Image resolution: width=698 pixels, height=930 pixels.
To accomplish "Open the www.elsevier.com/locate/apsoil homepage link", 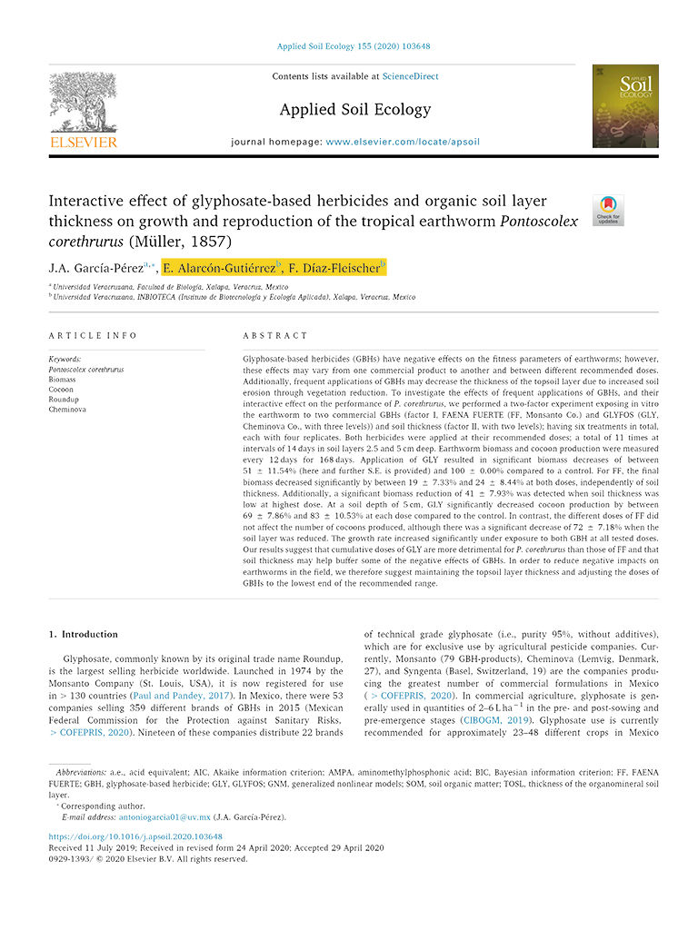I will [402, 143].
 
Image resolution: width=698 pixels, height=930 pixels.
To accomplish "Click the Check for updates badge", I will [607, 209].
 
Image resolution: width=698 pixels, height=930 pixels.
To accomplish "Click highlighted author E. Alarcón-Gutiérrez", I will [221, 267].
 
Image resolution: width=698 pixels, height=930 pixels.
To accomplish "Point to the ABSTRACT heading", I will [276, 335].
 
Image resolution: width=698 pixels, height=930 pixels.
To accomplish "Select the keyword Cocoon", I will [62, 389].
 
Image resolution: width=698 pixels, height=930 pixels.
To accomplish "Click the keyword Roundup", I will [64, 399].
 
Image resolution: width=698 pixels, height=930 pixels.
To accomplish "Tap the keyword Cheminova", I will [67, 410].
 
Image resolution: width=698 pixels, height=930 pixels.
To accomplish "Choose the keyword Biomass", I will [64, 379].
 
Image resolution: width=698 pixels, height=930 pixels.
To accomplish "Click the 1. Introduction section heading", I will [84, 634].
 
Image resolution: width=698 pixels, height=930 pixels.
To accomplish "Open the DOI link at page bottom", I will [135, 836].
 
